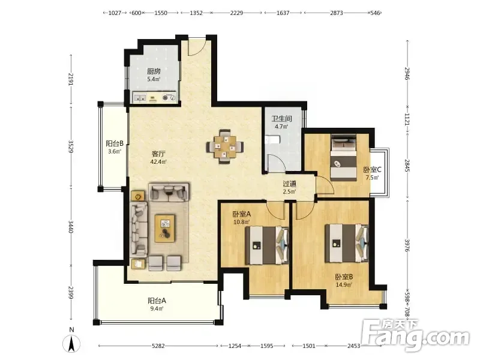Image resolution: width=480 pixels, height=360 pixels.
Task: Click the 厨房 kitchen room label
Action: click(154, 71)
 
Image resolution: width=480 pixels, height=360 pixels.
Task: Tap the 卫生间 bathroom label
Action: click(281, 118)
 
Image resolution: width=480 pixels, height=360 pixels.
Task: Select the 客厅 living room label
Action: click(158, 154)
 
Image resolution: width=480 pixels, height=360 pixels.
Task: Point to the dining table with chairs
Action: click(225, 147)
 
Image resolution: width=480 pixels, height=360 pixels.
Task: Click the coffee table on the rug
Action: click(165, 229)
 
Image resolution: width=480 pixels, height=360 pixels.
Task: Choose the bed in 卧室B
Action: click(347, 244)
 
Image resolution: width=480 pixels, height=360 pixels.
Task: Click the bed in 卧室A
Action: click(267, 245)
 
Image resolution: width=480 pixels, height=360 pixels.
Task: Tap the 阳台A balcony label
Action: click(157, 301)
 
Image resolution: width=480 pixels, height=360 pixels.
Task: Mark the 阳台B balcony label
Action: click(115, 143)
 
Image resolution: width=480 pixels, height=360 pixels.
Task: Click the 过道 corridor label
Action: click(289, 184)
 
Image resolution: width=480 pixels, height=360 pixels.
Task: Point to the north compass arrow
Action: click(71, 343)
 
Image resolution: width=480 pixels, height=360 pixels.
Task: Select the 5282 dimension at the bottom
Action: click(158, 346)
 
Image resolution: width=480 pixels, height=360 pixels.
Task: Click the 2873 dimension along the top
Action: click(336, 13)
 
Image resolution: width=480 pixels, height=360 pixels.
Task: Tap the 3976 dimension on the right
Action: click(407, 245)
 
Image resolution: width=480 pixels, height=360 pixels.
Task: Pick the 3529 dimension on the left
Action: click(71, 147)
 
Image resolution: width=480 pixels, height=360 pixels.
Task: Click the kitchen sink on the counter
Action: click(140, 98)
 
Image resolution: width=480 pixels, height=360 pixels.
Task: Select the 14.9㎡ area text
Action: click(343, 284)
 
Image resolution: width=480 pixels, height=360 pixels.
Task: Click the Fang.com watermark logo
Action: click(415, 335)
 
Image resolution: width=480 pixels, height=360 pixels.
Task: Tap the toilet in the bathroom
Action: click(272, 140)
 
